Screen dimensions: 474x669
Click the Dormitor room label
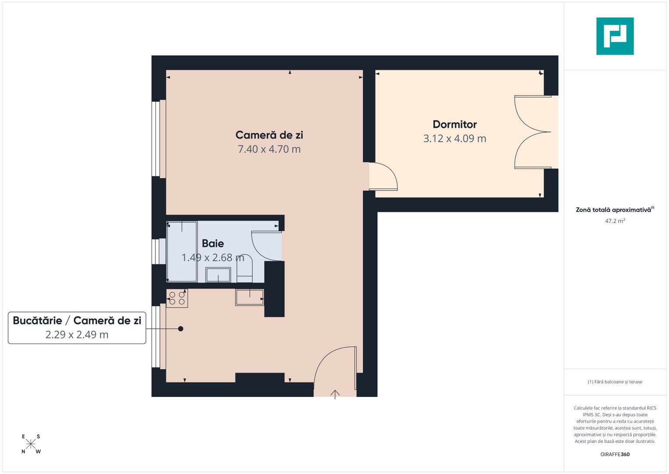[454, 124]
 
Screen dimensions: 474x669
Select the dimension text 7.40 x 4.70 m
[269, 149]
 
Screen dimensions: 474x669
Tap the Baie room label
[213, 244]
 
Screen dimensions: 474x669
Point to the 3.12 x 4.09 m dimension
[454, 139]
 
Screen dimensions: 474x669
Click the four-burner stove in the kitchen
[177, 298]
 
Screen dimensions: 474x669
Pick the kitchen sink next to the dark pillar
[249, 298]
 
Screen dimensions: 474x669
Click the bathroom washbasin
[218, 275]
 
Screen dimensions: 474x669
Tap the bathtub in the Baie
[182, 251]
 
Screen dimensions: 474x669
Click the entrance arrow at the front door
[335, 394]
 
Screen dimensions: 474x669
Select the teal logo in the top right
[615, 36]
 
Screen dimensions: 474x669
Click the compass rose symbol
[31, 444]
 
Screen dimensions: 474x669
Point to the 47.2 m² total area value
[615, 221]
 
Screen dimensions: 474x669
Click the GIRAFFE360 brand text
[615, 454]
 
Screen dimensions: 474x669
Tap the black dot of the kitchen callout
[181, 329]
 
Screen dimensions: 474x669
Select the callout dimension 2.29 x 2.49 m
[77, 335]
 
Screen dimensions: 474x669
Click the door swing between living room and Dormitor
[382, 176]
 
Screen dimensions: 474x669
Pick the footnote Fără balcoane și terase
[615, 382]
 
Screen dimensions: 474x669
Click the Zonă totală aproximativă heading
[613, 210]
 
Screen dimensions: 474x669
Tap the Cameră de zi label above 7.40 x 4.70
[269, 135]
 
